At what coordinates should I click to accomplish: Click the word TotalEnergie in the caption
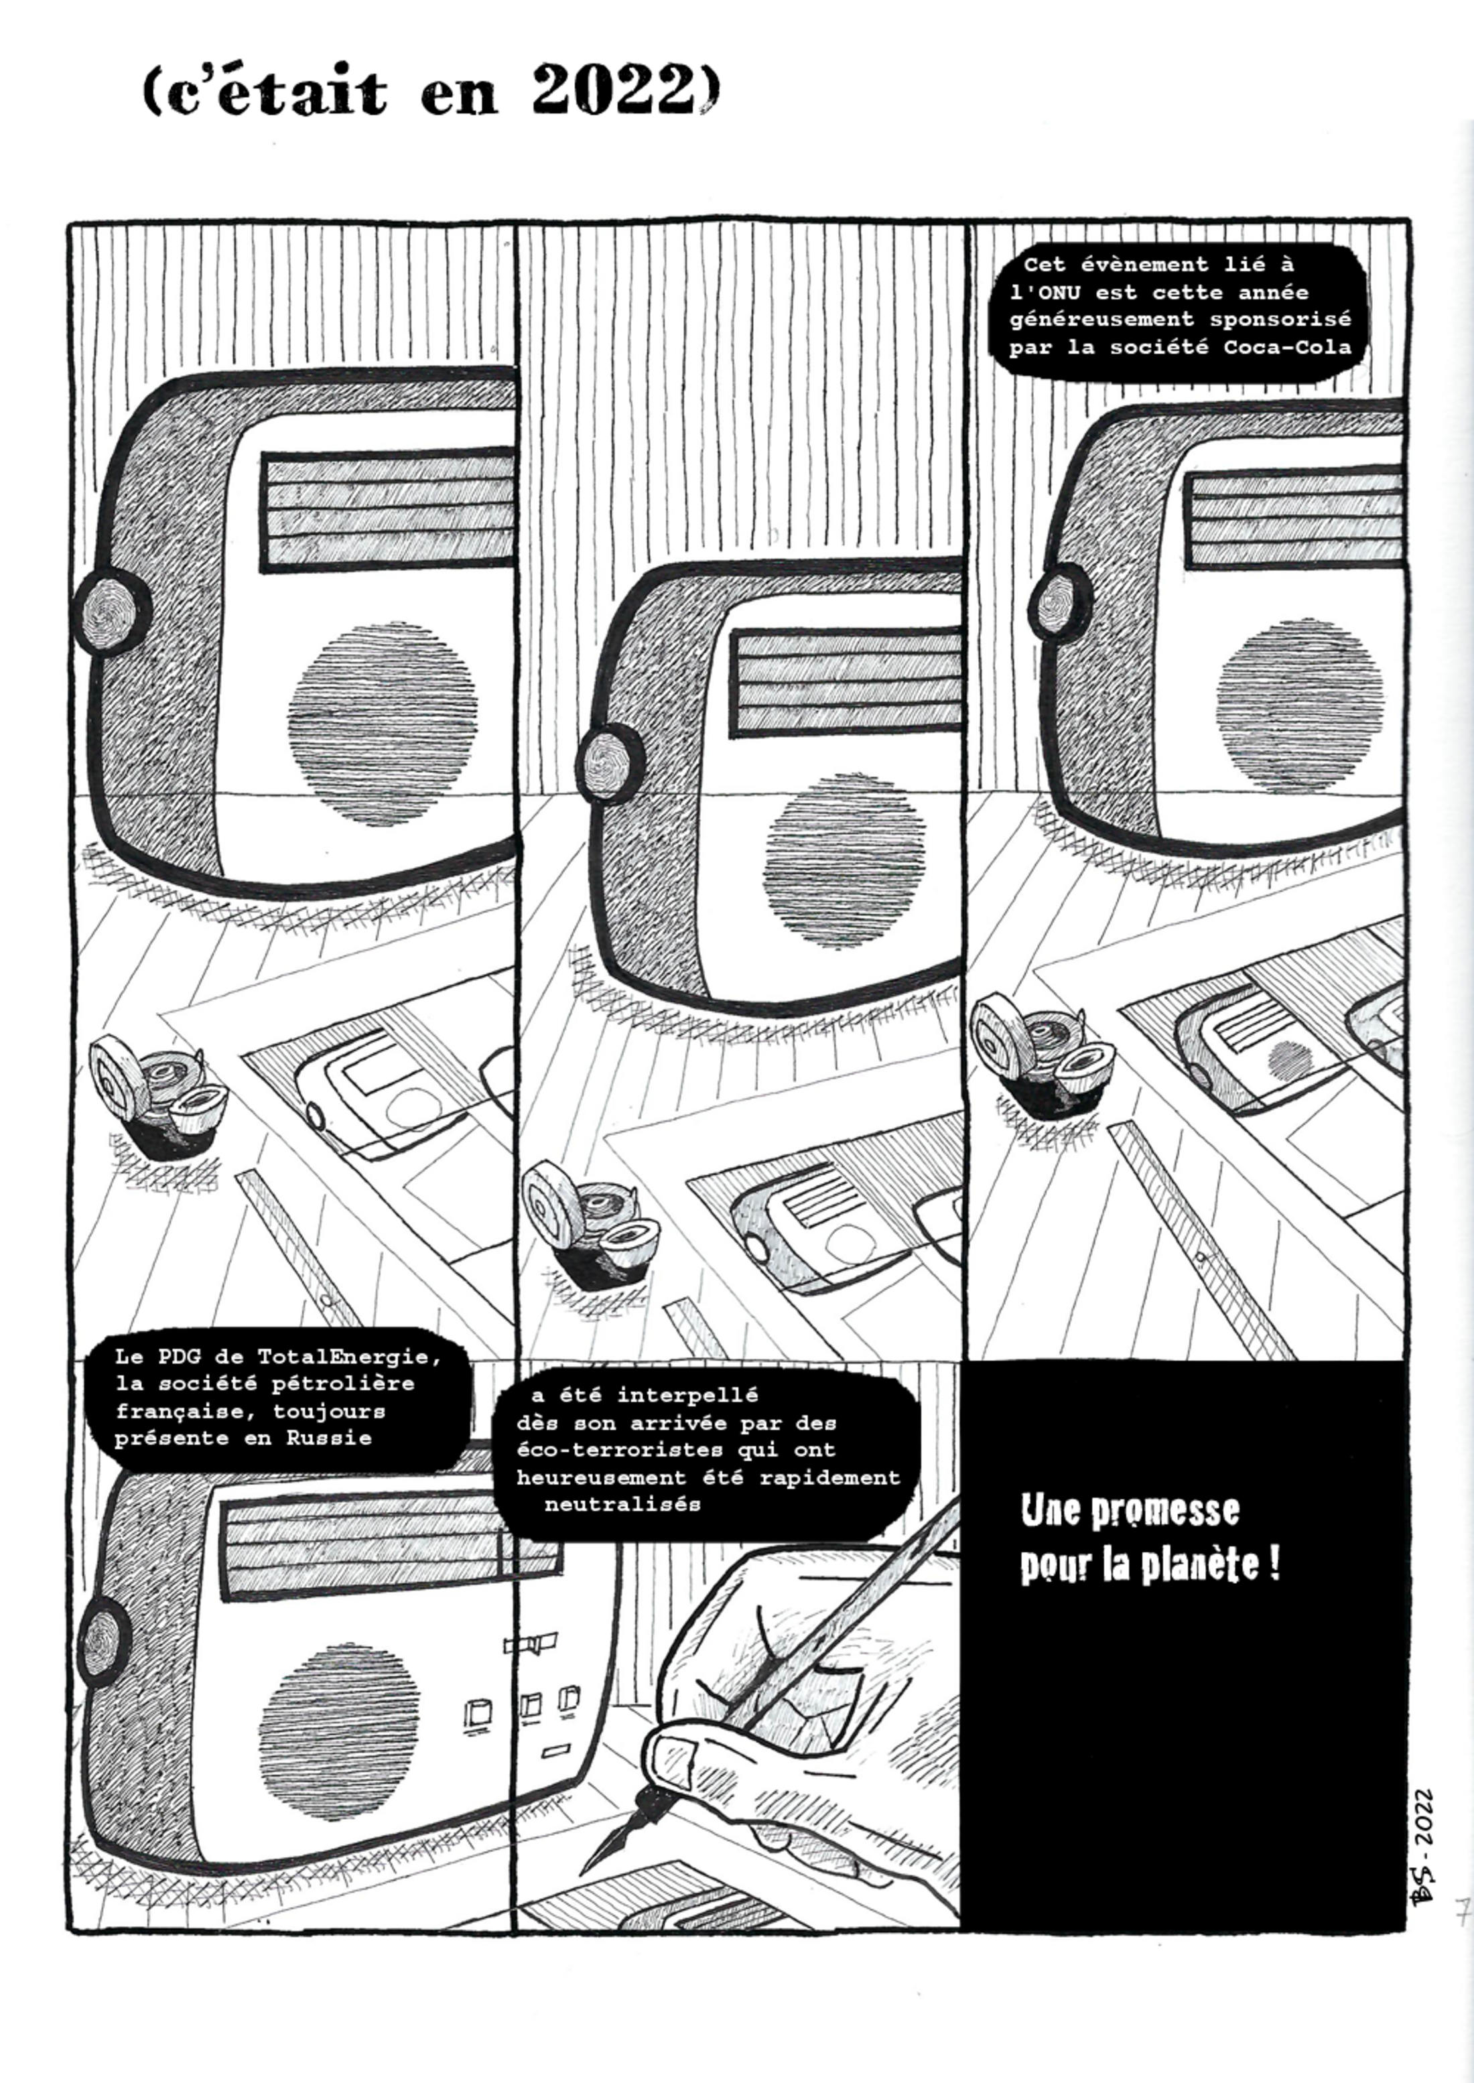(x=350, y=1357)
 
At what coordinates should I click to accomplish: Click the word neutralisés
(x=622, y=1504)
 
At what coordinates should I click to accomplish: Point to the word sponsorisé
(x=1280, y=320)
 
